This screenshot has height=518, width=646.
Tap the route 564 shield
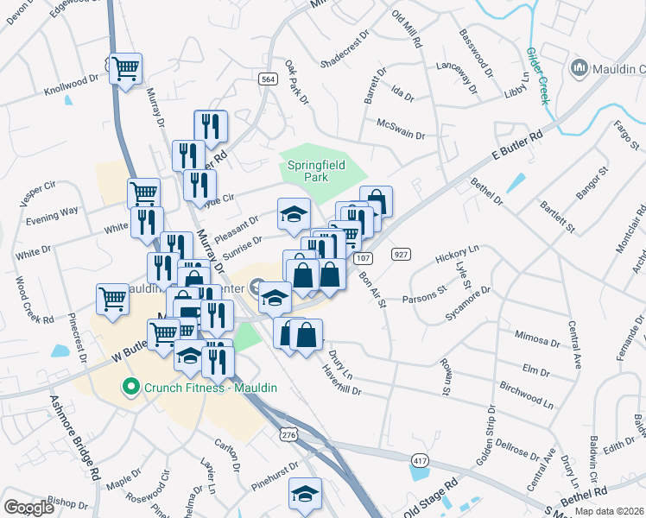pos(268,79)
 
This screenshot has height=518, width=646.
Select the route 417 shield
pos(420,462)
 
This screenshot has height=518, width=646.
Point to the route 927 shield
pos(400,255)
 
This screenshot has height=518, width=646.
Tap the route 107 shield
pos(363,258)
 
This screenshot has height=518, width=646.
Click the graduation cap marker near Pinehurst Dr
pos(305,494)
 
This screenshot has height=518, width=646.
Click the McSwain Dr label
pos(401,129)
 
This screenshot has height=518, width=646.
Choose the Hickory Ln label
pos(457,254)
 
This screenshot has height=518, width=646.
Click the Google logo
pos(29,508)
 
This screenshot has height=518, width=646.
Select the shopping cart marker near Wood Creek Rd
pos(113,300)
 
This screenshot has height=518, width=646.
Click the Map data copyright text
pos(610,511)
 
